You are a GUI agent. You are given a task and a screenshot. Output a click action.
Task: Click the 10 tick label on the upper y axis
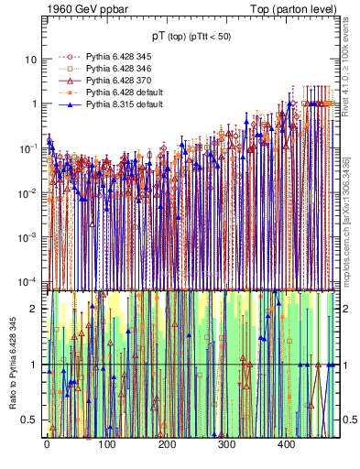click(x=30, y=60)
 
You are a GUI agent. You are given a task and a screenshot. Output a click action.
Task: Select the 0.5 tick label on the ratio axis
click(x=29, y=420)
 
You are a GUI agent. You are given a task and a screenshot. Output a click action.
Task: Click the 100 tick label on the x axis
click(x=106, y=444)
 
